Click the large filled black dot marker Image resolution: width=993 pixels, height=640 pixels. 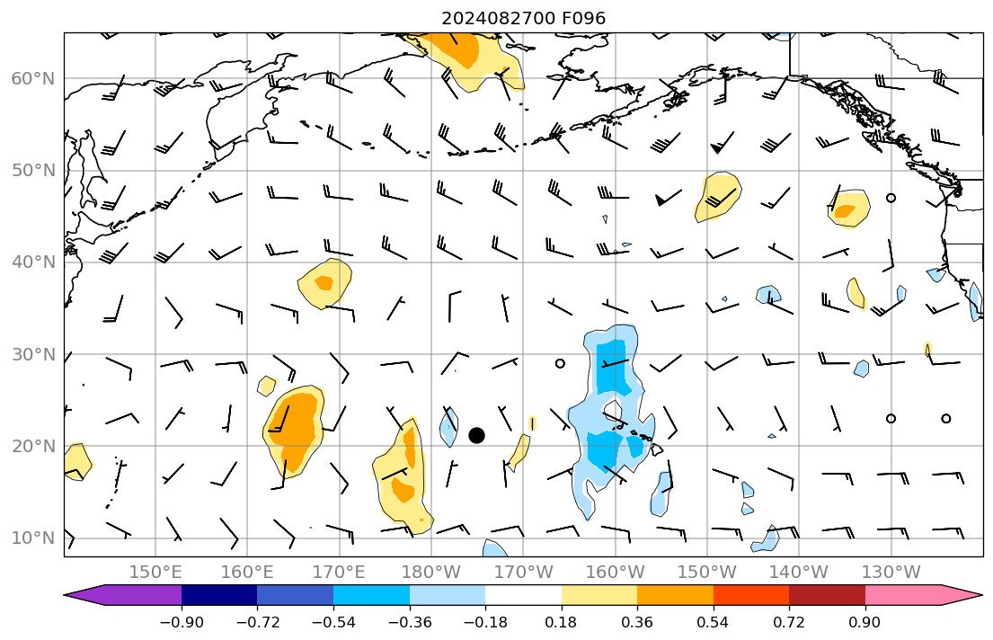pos(476,435)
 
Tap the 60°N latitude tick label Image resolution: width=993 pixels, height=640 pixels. pos(32,79)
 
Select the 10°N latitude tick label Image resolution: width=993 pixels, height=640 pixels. pos(32,538)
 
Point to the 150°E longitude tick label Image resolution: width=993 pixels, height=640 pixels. pos(155,572)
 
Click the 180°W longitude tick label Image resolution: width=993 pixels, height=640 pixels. pos(431,572)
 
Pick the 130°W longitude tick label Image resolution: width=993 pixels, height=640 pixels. pos(891,572)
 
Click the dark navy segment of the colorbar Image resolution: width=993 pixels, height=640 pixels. pos(219,595)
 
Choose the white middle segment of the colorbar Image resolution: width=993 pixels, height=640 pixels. pos(523,595)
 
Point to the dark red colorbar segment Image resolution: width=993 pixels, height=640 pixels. pos(827,595)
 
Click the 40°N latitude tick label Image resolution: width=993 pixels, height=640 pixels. pos(32,262)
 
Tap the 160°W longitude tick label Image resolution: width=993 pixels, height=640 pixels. pos(616,572)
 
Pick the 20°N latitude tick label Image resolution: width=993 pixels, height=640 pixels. pos(32,447)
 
